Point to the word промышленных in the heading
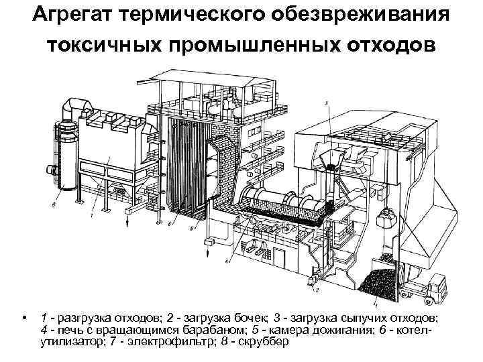coord(255,46)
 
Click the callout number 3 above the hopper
coord(327,103)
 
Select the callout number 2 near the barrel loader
coord(317,290)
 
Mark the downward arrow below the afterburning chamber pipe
coord(208,252)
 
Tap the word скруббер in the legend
coord(264,343)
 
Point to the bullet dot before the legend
coord(24,317)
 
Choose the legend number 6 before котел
coord(382,330)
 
